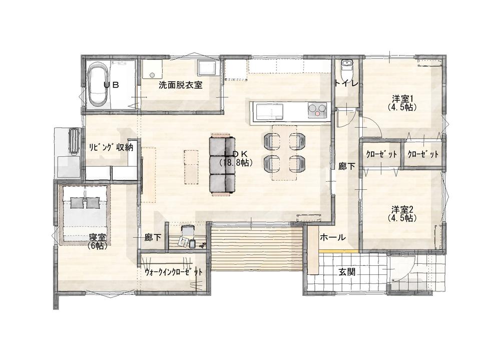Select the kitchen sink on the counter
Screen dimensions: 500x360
coord(270,112)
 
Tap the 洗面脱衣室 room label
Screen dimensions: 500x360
coord(181,85)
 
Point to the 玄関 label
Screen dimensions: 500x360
coord(347,272)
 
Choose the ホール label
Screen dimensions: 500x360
coord(332,237)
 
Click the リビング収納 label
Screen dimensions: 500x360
coord(110,148)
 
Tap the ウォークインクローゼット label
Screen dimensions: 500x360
coord(174,272)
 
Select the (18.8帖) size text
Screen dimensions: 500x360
coord(236,163)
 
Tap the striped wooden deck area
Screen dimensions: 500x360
coord(257,248)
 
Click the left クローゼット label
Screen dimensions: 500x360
coord(381,155)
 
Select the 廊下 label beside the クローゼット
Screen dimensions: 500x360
coord(347,166)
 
